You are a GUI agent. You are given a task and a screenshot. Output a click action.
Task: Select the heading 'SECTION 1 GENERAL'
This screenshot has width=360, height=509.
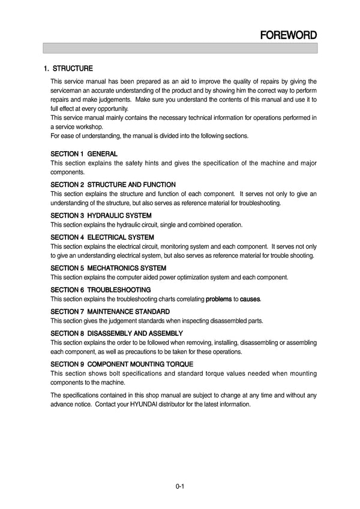coord(84,154)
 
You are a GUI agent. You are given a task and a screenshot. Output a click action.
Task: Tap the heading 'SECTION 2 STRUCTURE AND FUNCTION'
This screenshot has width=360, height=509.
coord(113,185)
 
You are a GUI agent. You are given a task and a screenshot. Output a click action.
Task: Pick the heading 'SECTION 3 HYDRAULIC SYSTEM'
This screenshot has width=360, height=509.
coord(101,215)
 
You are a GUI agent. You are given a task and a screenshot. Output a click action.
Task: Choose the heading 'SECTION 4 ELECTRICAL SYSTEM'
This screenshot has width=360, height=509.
coord(103,237)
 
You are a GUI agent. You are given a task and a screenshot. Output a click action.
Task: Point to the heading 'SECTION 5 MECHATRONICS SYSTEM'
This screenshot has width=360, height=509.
coord(109,268)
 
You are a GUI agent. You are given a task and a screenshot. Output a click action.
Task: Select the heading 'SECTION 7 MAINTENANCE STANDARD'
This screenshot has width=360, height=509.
coord(110,312)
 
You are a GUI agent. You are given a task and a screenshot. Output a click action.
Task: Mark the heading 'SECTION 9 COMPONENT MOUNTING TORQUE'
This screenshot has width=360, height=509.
coord(122,364)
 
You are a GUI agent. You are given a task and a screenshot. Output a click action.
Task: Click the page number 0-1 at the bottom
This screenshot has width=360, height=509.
coord(179,486)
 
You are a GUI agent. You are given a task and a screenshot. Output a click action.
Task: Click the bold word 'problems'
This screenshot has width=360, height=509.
coord(219,299)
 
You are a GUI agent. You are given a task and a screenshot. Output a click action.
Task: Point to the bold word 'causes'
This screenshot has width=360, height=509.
coord(250,299)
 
